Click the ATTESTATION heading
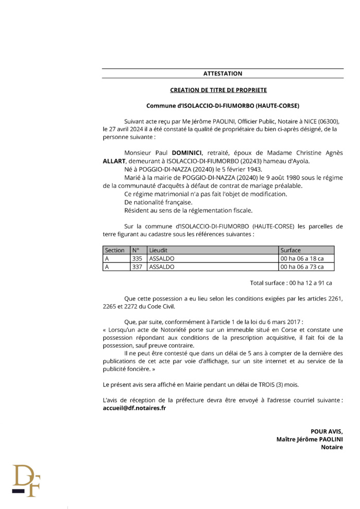click(222, 74)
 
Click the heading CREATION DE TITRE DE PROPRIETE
click(222, 90)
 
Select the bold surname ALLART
click(114, 161)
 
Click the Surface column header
click(290, 250)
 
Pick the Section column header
click(114, 250)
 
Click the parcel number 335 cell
click(137, 258)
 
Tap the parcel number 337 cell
click(137, 267)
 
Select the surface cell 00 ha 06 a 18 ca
click(302, 258)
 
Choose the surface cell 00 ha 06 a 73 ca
click(302, 267)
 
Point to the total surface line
click(290, 283)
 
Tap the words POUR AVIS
click(326, 431)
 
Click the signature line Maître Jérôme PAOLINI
click(309, 439)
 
